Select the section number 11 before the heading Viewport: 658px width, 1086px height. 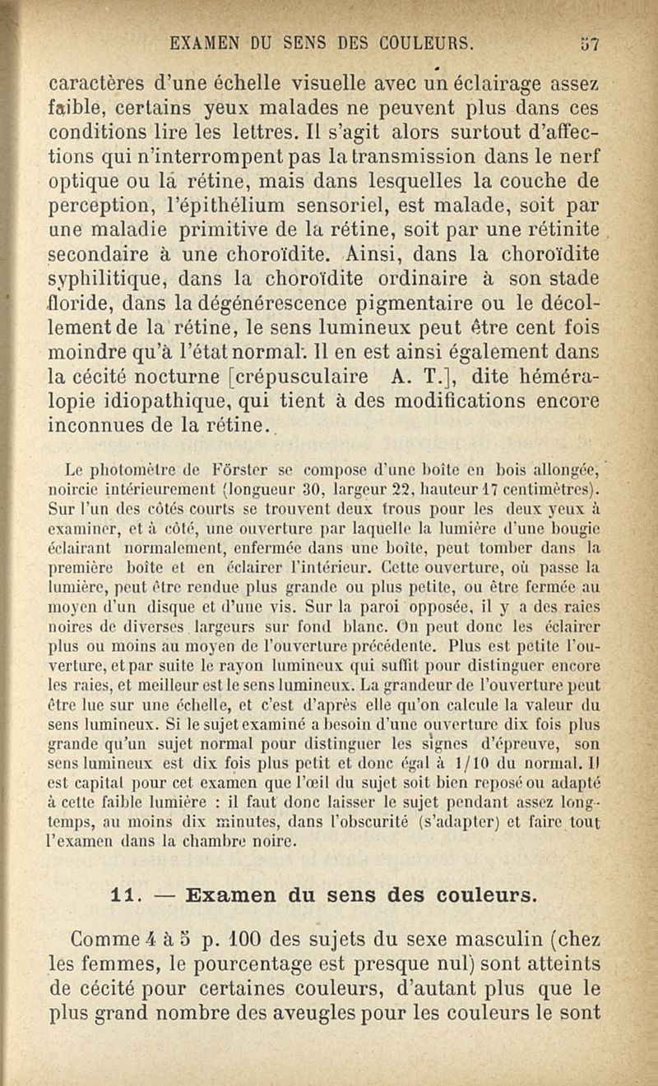pos(123,891)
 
